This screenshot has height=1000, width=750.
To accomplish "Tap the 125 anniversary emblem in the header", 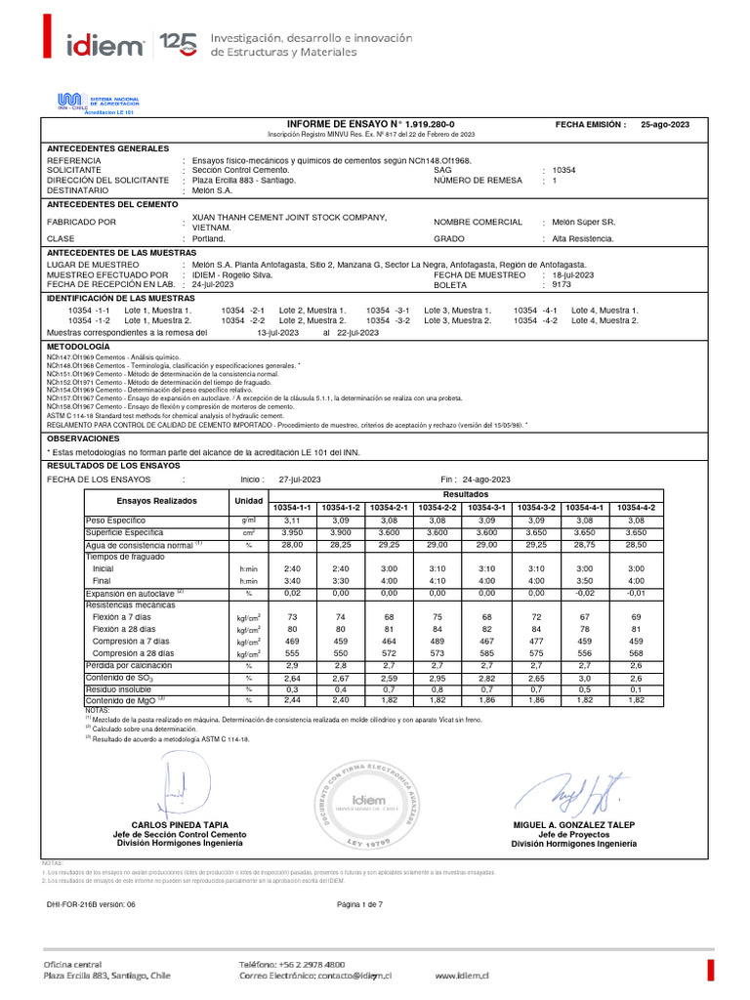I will point(178,43).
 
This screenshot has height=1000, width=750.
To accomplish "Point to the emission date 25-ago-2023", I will point(665,125).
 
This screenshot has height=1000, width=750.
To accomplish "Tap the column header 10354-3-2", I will point(536,508).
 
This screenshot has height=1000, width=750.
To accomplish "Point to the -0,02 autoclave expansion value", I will point(585,593).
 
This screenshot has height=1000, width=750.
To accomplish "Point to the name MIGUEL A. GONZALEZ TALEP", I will point(573,825).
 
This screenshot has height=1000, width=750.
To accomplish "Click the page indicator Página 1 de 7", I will point(358,904).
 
